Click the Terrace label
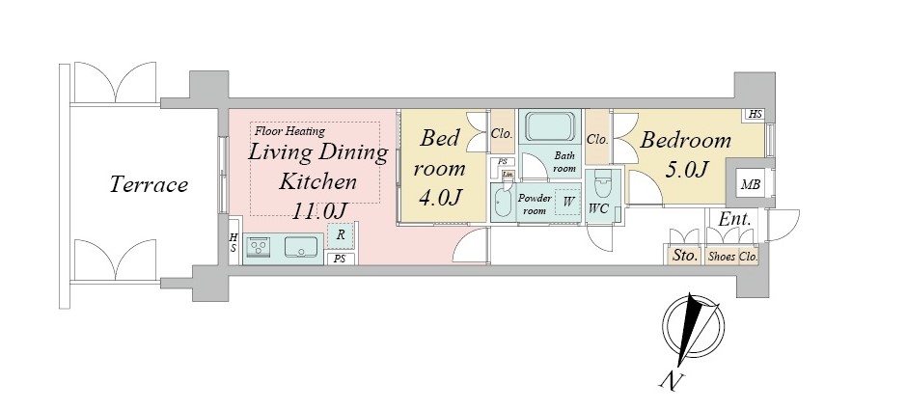tap(149, 184)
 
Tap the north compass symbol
tap(692, 330)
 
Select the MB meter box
tap(751, 185)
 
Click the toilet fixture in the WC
tap(602, 186)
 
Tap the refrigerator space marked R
tap(342, 234)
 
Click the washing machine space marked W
tap(567, 202)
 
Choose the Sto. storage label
tap(685, 255)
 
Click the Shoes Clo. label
tap(732, 257)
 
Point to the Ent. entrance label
tap(734, 219)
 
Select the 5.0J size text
tap(687, 170)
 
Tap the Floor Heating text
tap(289, 131)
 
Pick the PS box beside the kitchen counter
tap(341, 259)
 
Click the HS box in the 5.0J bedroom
tap(755, 114)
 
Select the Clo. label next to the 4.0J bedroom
tap(501, 133)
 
